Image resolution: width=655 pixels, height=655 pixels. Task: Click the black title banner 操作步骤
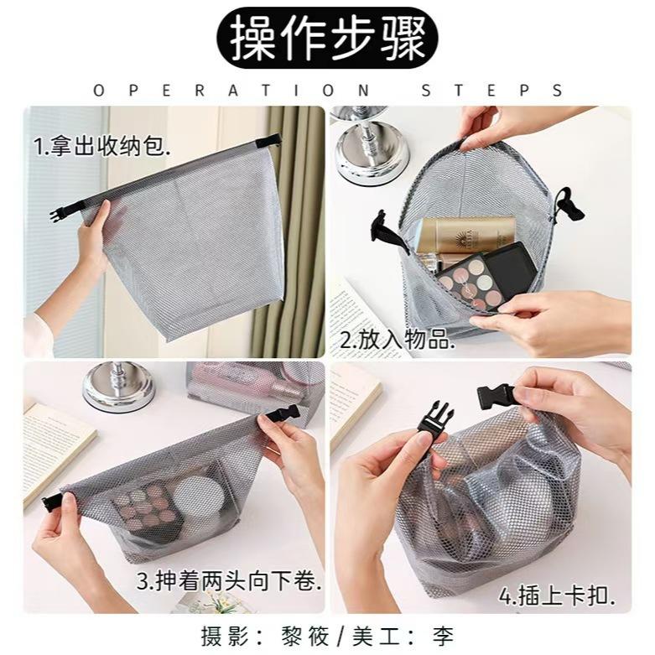coord(327,39)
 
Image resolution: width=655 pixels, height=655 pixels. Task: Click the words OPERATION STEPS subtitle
coord(327,90)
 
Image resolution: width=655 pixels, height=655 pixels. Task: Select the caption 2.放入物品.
coord(398,340)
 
